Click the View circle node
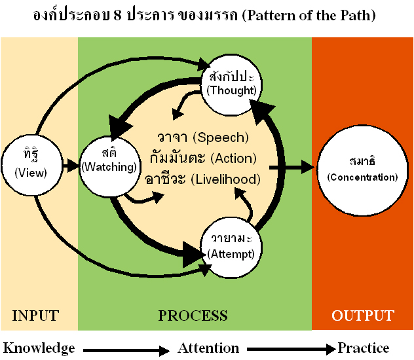[x=32, y=166]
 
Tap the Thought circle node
[x=231, y=85]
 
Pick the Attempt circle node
[x=231, y=247]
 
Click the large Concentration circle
[x=362, y=171]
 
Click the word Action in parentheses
[x=234, y=158]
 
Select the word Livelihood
[x=226, y=179]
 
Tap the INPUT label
[x=35, y=315]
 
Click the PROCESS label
[x=193, y=315]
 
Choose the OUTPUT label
[x=363, y=315]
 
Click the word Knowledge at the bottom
[x=39, y=348]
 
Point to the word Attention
[x=208, y=348]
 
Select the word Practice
[x=364, y=348]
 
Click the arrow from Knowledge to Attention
[x=126, y=350]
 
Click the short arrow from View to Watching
[x=71, y=166]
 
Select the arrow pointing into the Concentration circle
[x=292, y=168]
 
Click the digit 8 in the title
[x=118, y=15]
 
